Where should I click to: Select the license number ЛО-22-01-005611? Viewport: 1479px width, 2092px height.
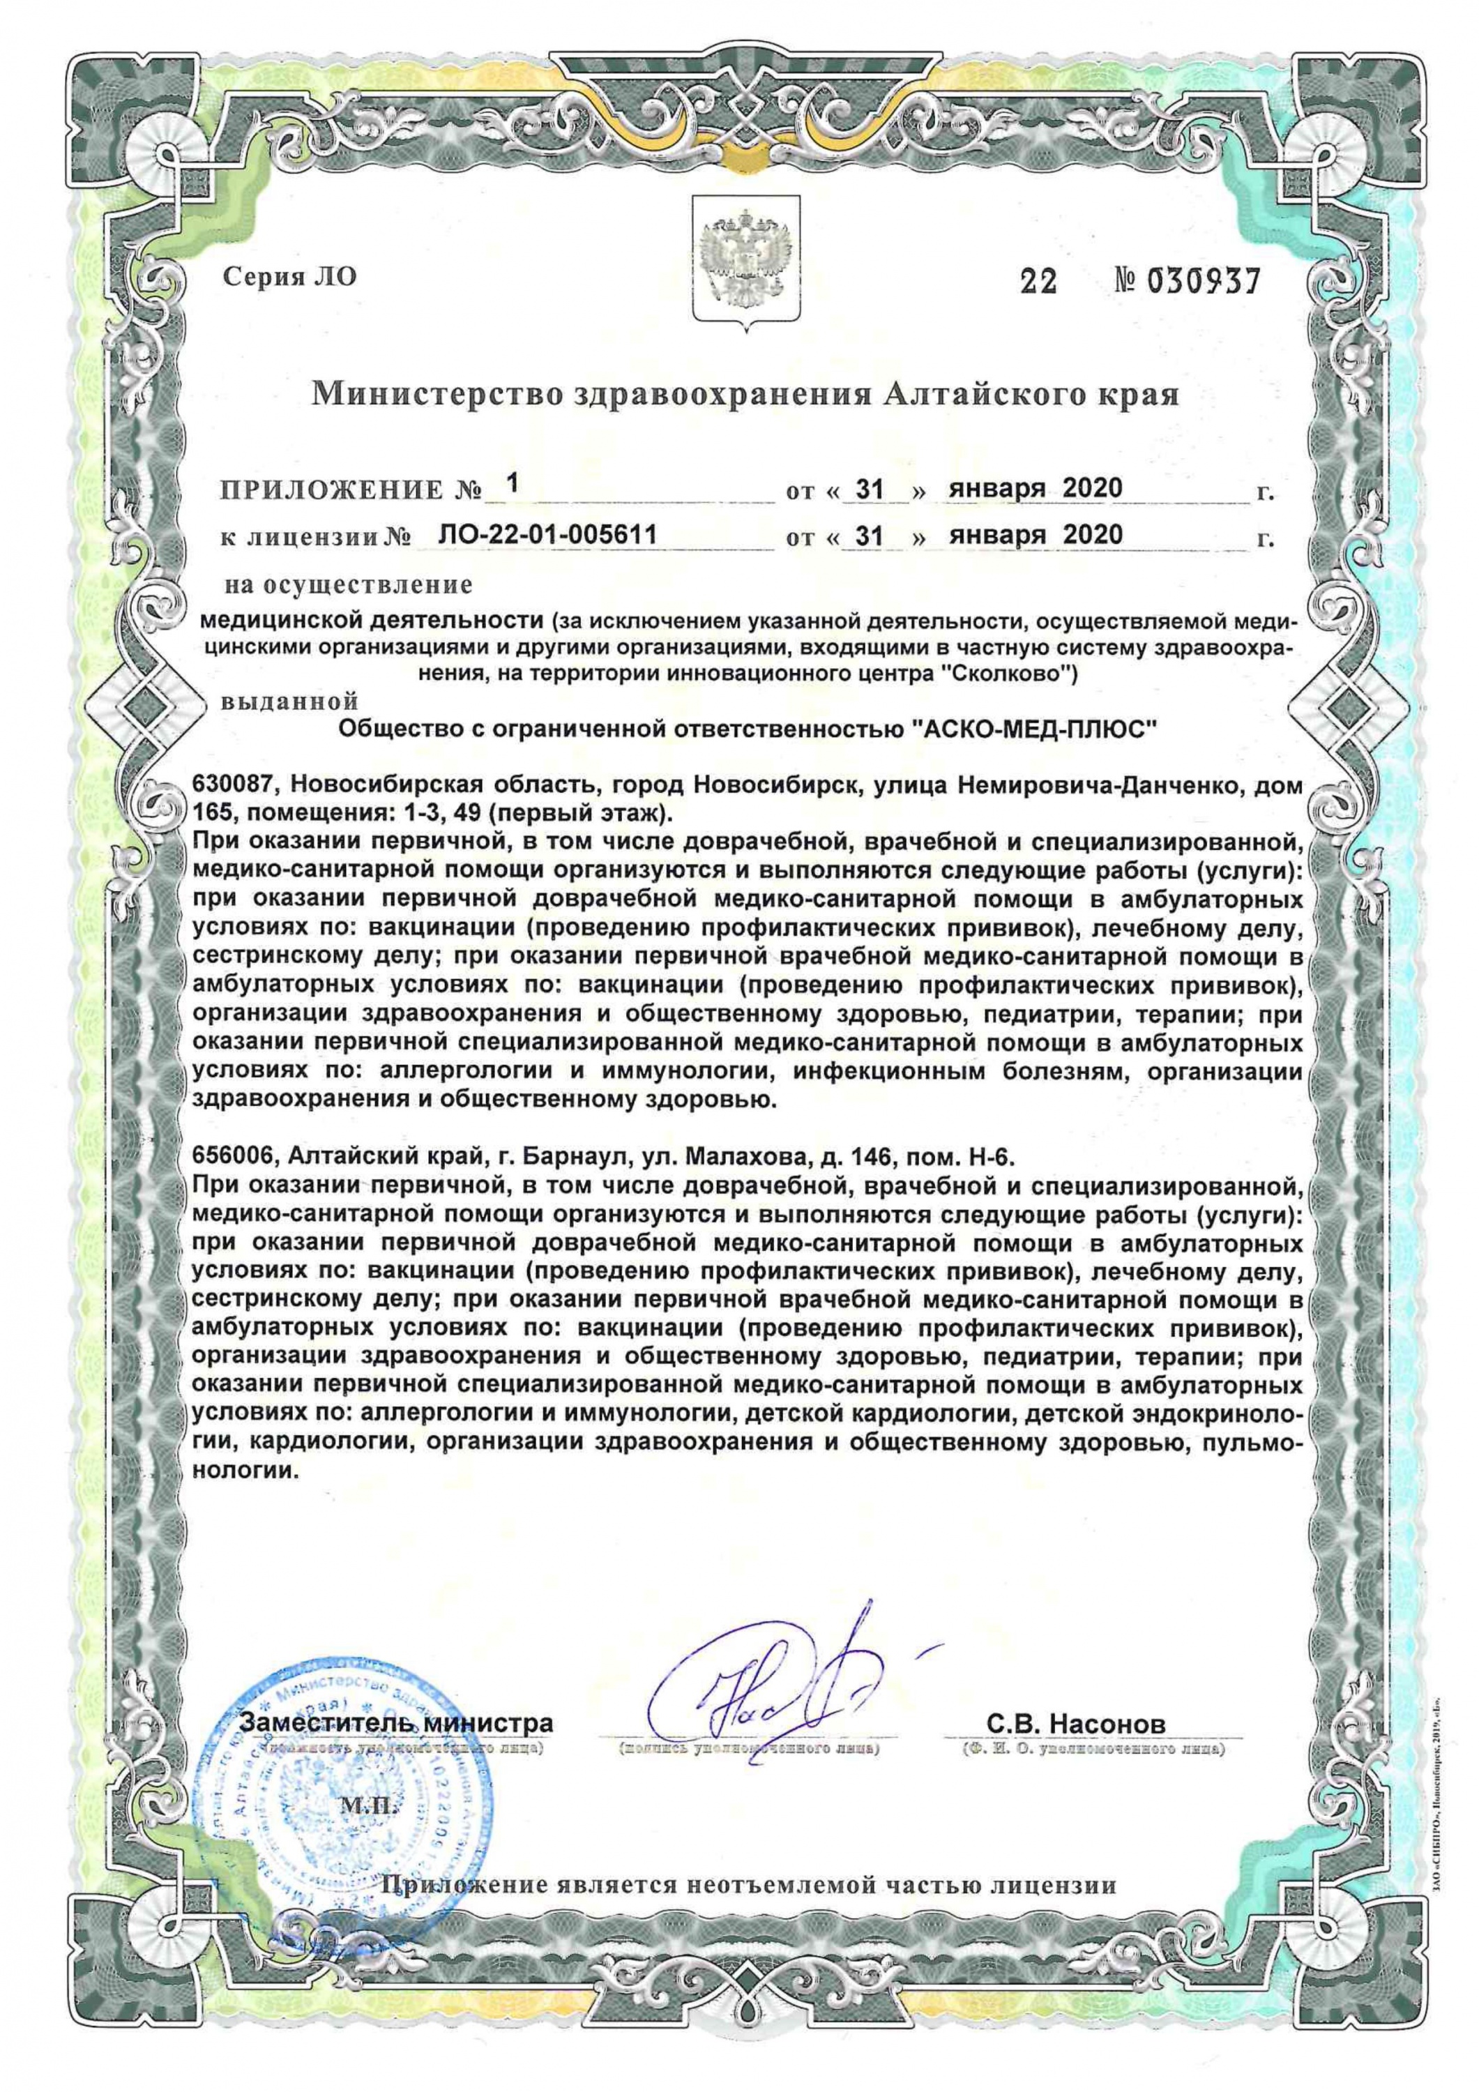pos(547,535)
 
